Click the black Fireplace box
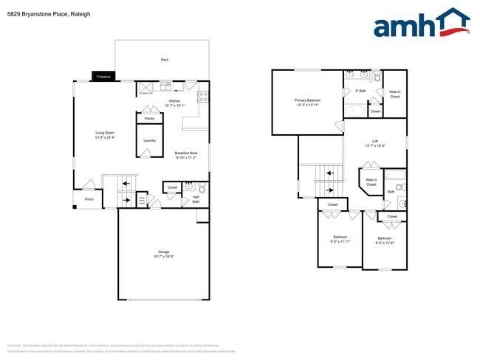[x=103, y=76]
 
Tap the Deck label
[x=165, y=60]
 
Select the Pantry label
[x=149, y=118]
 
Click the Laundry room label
[x=149, y=140]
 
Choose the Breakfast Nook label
[x=186, y=153]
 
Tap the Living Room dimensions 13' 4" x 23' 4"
[x=104, y=138]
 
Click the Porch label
[x=89, y=199]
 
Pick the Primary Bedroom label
[x=308, y=100]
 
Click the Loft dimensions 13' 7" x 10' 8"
[x=374, y=145]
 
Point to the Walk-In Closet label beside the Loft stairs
[x=371, y=181]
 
